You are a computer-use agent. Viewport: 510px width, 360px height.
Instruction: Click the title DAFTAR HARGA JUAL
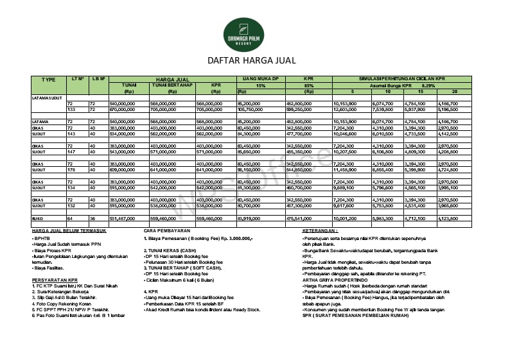251,61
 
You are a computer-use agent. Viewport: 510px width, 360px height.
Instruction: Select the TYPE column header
49,80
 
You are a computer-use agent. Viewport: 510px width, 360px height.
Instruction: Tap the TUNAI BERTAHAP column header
171,85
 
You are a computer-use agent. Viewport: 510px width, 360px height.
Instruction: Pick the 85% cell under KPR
309,85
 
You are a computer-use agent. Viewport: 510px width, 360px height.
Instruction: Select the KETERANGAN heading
320,230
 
